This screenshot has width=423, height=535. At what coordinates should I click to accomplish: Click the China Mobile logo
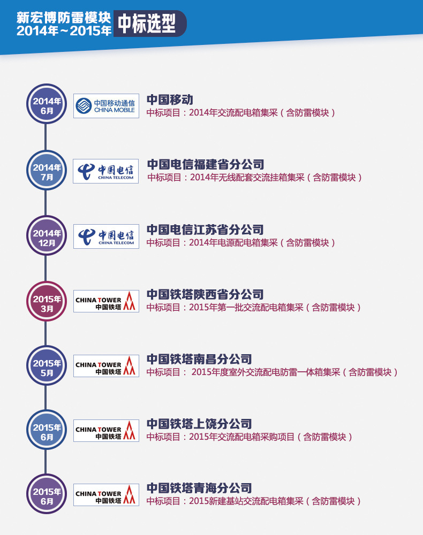tap(106, 106)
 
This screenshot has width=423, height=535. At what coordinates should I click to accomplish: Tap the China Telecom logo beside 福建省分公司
tap(106, 171)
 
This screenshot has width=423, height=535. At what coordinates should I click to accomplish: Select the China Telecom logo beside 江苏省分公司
tap(106, 236)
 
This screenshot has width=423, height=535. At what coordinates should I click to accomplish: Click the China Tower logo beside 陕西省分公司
tap(106, 302)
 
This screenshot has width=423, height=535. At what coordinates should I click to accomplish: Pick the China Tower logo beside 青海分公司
tap(106, 495)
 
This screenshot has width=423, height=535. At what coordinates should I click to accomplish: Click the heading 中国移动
tap(170, 100)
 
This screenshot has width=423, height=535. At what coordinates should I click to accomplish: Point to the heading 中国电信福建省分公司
tap(206, 164)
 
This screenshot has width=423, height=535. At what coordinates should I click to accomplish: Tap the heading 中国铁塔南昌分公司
tap(199, 359)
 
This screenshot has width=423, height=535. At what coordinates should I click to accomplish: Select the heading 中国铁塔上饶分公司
tap(199, 424)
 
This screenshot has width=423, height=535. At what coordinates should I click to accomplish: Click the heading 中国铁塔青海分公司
tap(199, 488)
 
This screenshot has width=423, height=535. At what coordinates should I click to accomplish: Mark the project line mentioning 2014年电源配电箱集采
tap(241, 243)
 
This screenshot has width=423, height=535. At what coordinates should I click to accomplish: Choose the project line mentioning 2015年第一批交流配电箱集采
tap(254, 308)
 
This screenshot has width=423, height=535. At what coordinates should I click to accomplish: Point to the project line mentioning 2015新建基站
tap(254, 501)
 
